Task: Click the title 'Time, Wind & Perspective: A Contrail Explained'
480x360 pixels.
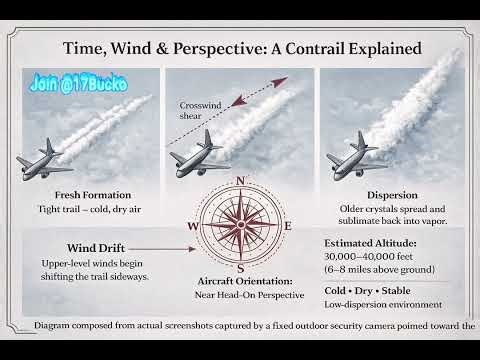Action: [x=241, y=48]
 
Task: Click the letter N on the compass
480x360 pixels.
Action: [x=240, y=181]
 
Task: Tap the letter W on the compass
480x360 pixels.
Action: [x=192, y=226]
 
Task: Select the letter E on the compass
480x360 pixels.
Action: [x=288, y=226]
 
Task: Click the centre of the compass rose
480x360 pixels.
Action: [x=240, y=226]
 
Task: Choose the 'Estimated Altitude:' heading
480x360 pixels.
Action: [x=372, y=241]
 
